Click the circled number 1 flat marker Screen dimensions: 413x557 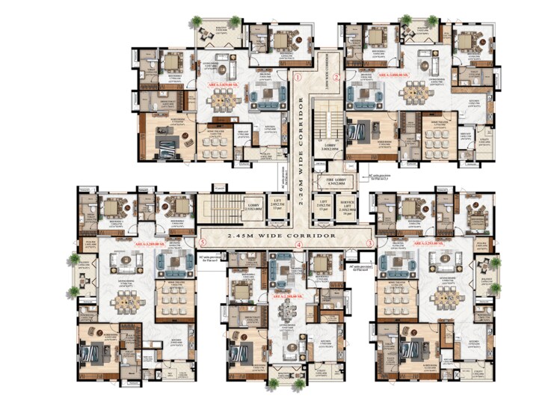(297, 76)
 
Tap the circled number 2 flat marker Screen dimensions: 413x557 (336, 76)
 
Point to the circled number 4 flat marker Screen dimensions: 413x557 (298, 245)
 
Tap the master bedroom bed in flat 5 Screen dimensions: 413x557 (97, 352)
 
